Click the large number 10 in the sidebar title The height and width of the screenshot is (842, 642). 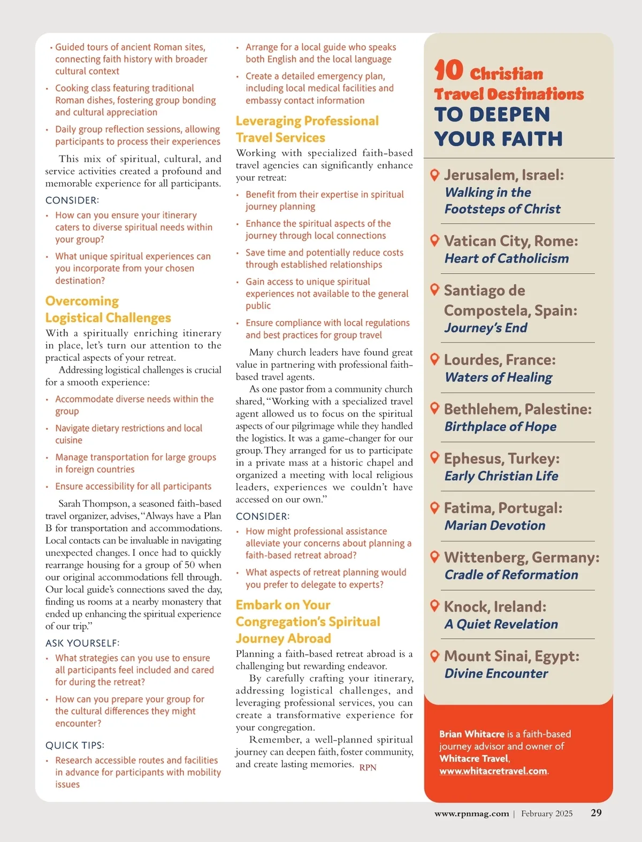tap(448, 70)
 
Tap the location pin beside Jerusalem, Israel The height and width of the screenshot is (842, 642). tap(435, 175)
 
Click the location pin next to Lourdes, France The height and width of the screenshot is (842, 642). tap(435, 359)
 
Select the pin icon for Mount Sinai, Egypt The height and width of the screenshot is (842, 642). tap(435, 655)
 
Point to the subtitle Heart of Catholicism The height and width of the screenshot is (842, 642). tap(506, 259)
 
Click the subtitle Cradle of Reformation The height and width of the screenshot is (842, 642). tap(511, 575)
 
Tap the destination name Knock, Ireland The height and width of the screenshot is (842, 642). tap(495, 607)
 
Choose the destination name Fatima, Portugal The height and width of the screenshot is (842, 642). tap(503, 508)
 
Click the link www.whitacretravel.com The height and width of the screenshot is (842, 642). tap(493, 771)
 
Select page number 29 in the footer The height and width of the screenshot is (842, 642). tap(596, 813)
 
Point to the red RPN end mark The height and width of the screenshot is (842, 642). tap(368, 768)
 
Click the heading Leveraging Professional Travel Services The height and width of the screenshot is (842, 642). tap(307, 129)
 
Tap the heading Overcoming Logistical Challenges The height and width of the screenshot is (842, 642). tap(108, 310)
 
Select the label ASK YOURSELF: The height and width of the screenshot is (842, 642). tap(82, 643)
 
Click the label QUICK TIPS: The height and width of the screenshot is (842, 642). tap(75, 745)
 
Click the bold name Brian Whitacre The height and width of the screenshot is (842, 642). tap(471, 734)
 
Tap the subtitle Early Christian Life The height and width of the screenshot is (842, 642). tap(501, 476)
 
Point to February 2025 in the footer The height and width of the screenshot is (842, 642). tap(546, 814)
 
